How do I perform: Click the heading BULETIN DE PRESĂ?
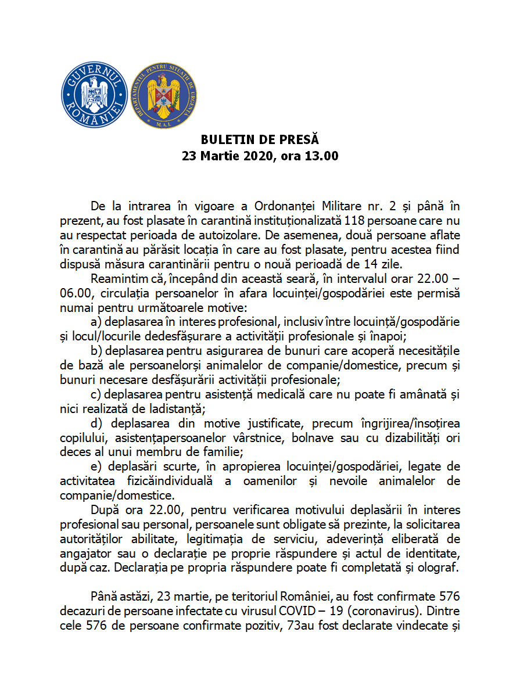coord(260,140)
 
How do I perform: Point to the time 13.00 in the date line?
coord(322,156)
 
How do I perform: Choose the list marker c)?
coord(96,394)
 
